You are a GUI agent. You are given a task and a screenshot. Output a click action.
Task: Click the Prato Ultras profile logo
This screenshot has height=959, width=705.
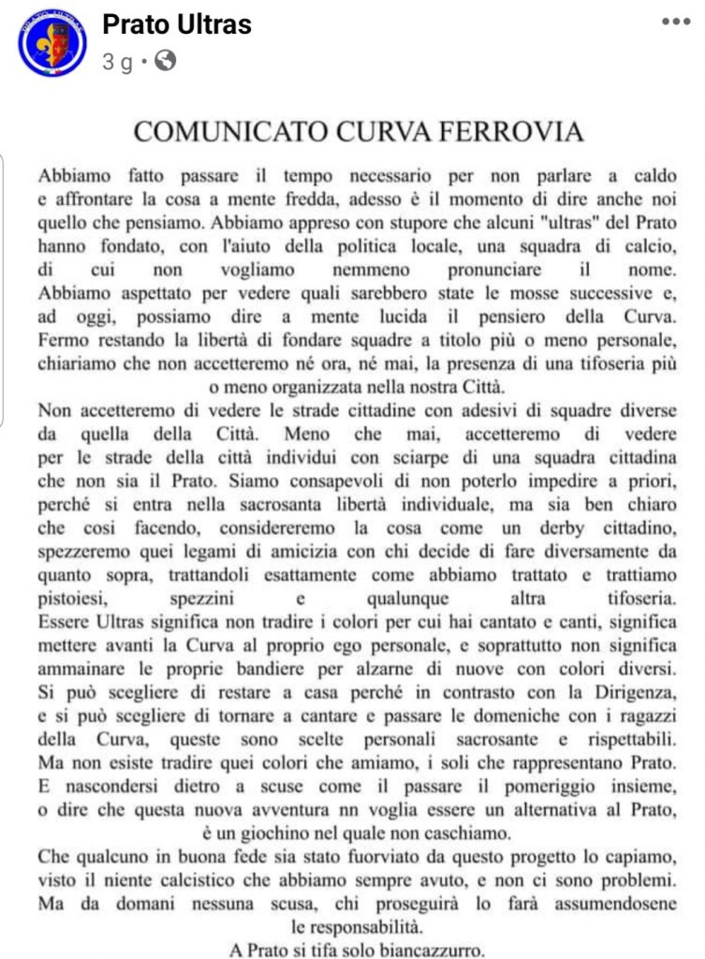click(51, 42)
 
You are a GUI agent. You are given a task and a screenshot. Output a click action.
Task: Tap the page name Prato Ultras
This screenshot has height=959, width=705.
click(177, 24)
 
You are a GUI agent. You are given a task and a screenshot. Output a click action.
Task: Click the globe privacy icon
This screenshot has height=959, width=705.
click(165, 62)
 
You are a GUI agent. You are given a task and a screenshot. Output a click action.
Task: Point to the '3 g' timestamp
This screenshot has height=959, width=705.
click(117, 63)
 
